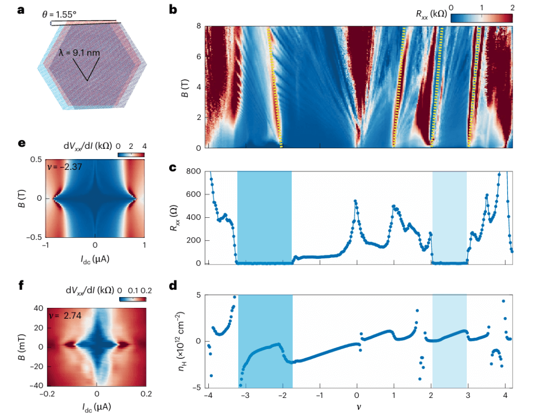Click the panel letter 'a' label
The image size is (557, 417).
pyautogui.click(x=21, y=10)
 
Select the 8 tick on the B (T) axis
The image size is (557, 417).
pyautogui.click(x=197, y=26)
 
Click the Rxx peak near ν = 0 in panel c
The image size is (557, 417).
pyautogui.click(x=355, y=201)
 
